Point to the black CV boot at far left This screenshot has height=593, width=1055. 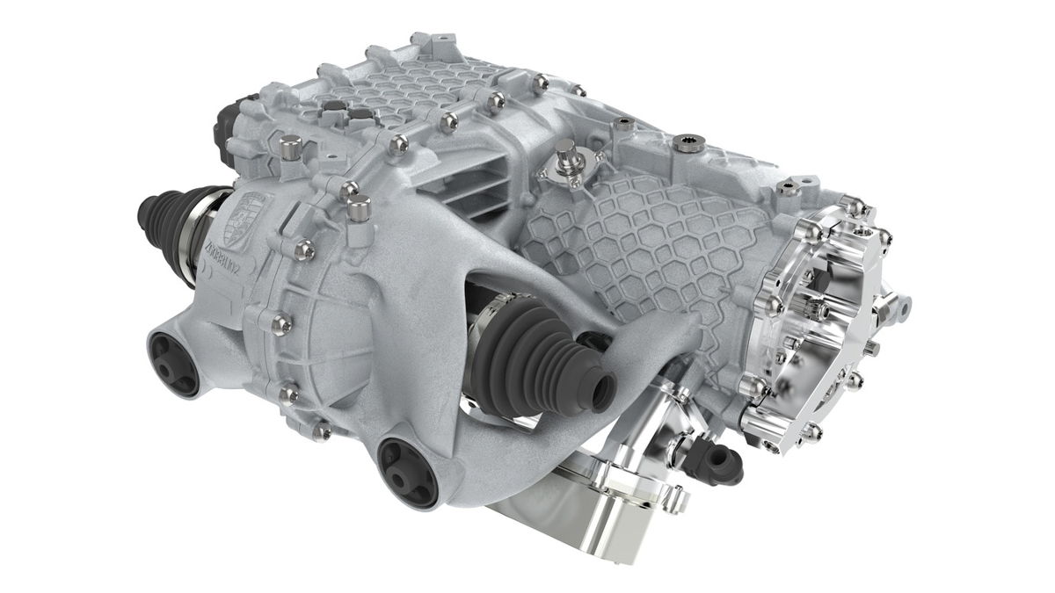coord(158,220)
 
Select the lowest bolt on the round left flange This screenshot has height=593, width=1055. coord(322,430)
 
